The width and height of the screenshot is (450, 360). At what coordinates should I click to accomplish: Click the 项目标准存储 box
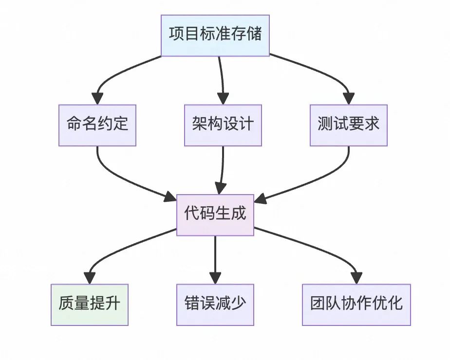pyautogui.click(x=215, y=35)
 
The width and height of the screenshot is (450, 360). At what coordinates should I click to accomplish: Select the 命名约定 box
pyautogui.click(x=97, y=125)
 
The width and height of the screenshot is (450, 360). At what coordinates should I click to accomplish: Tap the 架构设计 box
pyautogui.click(x=223, y=125)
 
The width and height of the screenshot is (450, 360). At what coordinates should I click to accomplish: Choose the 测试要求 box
pyautogui.click(x=348, y=125)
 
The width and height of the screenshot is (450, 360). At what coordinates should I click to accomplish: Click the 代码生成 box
pyautogui.click(x=215, y=215)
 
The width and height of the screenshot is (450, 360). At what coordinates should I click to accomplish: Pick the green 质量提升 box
pyautogui.click(x=89, y=305)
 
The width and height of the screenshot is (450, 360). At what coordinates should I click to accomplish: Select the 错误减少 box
pyautogui.click(x=215, y=305)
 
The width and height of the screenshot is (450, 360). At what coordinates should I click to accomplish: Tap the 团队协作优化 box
pyautogui.click(x=356, y=305)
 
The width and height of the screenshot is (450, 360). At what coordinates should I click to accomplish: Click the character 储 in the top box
pyautogui.click(x=254, y=35)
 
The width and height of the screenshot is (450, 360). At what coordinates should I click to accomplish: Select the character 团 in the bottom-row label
pyautogui.click(x=318, y=305)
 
